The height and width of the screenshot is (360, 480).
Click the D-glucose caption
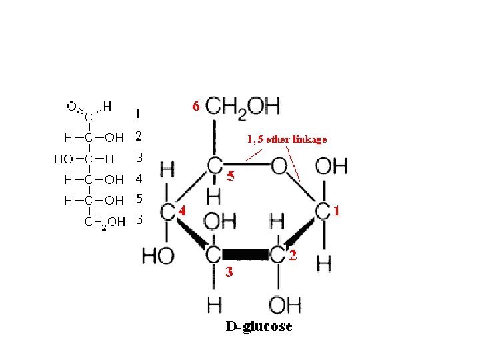(259, 327)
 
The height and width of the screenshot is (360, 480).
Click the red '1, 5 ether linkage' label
(287, 139)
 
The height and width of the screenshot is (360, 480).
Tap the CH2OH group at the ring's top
(243, 106)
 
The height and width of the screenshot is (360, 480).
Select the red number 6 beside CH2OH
(195, 106)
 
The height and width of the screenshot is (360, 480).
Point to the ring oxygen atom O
(279, 165)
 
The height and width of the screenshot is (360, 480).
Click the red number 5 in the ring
(231, 177)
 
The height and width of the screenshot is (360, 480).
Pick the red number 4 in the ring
(181, 209)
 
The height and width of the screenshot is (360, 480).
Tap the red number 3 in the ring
(229, 271)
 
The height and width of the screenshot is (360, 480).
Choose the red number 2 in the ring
(294, 255)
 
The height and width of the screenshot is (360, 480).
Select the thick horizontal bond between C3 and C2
(246, 254)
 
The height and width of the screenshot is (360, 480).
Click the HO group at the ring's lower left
(158, 255)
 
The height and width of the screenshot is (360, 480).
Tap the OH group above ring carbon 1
(331, 165)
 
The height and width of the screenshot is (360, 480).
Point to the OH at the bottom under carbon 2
(285, 305)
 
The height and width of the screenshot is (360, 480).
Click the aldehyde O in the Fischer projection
(71, 105)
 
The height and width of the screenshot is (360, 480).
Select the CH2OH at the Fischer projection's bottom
(103, 222)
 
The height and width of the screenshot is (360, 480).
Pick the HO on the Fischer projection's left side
(64, 159)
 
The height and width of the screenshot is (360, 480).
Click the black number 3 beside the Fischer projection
(139, 158)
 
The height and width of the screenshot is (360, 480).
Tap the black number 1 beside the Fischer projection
(137, 114)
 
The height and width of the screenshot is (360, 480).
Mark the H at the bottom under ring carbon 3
(215, 305)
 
